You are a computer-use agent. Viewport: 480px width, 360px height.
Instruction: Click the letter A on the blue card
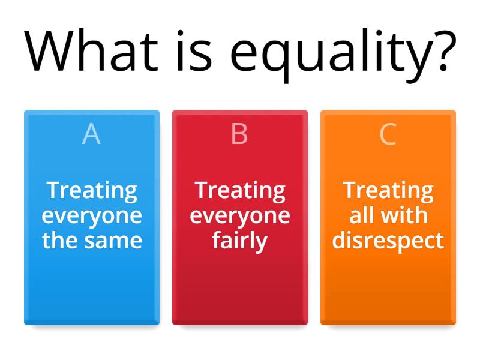pos(91,134)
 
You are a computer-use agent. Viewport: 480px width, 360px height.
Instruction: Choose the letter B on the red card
pos(239,134)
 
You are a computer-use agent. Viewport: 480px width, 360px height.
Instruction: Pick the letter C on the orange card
pos(388,134)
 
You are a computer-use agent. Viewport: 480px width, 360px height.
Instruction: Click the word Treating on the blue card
pos(92,191)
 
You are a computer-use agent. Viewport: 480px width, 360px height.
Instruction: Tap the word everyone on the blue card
pos(92,216)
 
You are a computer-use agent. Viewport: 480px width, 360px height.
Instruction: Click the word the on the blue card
pos(59,241)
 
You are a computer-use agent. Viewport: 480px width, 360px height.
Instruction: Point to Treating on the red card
pos(240,191)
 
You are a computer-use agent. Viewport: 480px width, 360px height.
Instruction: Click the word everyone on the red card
pos(240,216)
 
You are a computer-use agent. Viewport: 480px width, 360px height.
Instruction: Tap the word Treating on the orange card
pos(388,191)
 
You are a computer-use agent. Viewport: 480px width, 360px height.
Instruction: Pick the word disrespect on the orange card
pos(388,241)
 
